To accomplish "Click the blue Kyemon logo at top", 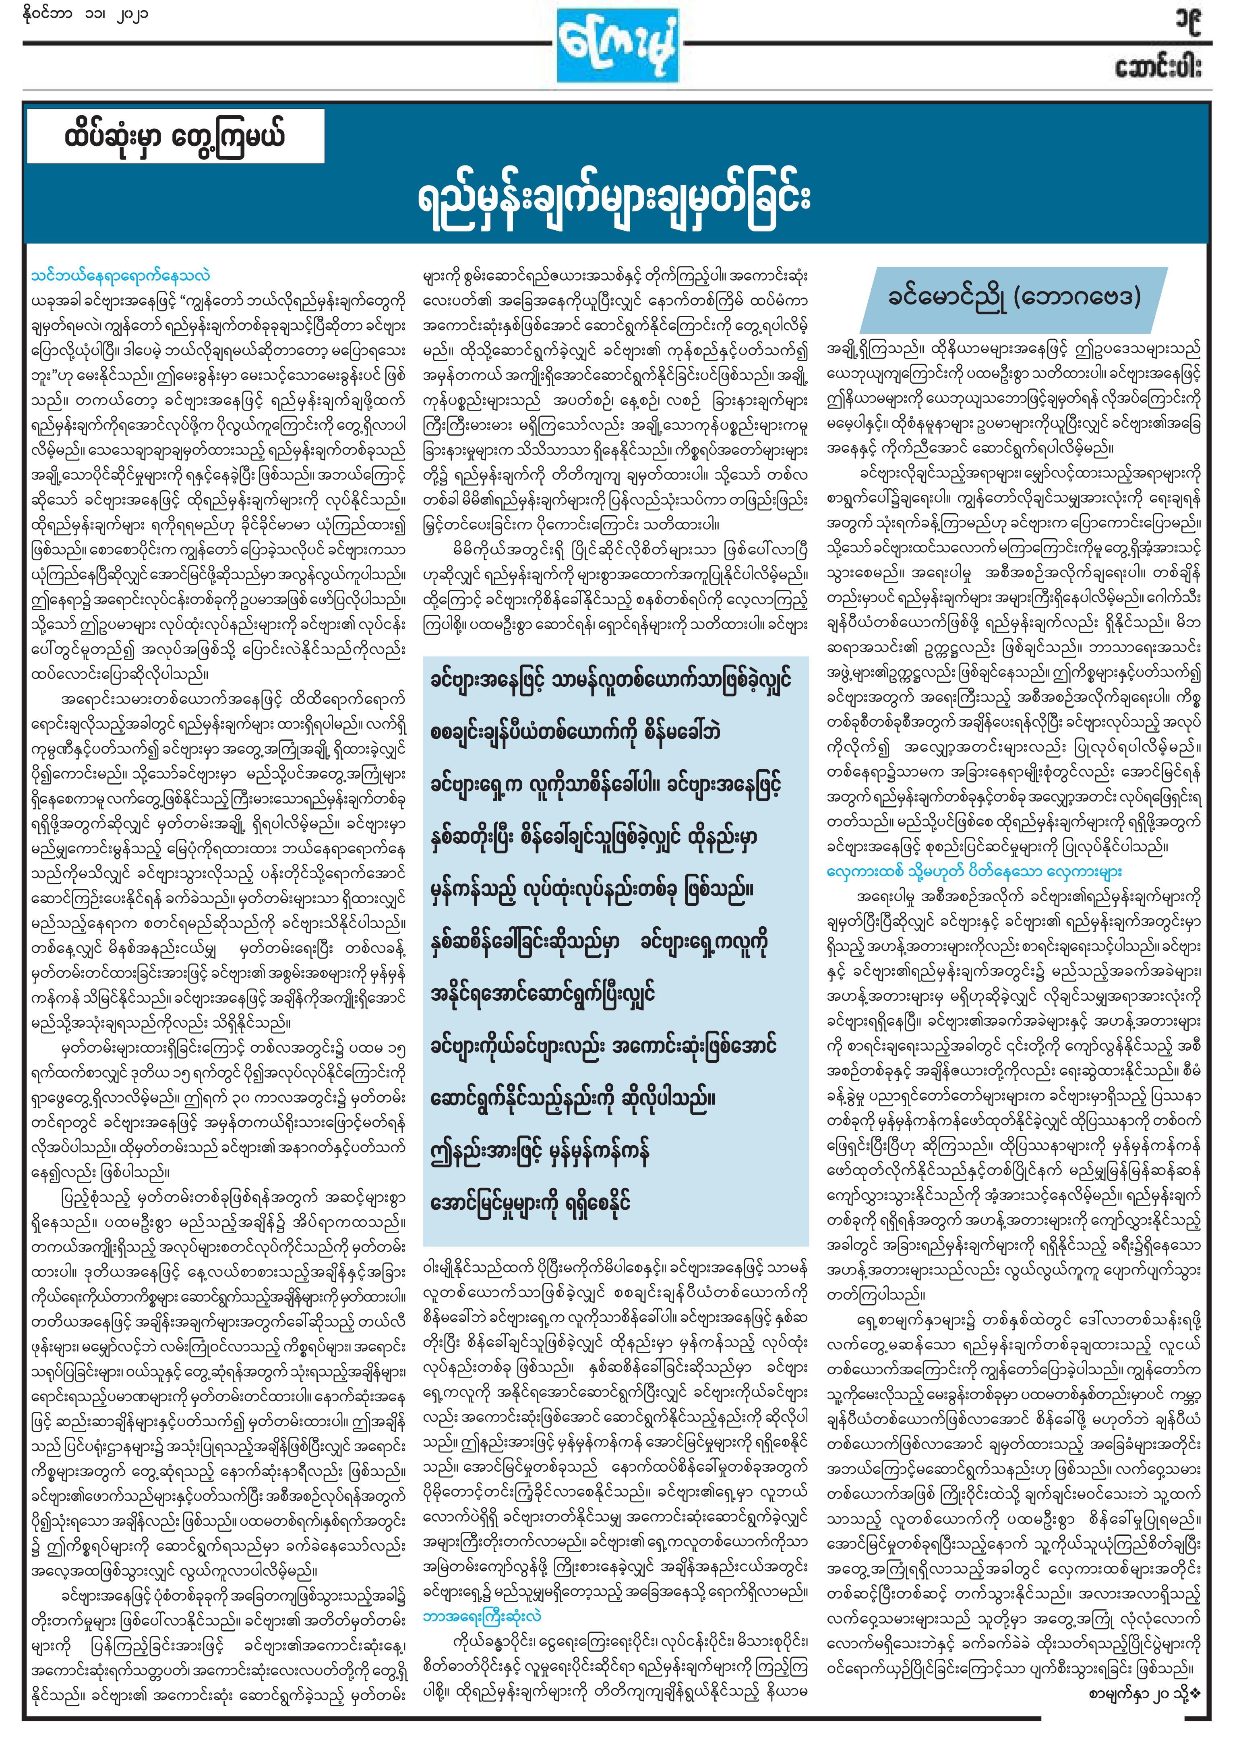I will click(617, 46).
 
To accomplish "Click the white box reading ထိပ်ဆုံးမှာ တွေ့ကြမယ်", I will click(175, 136).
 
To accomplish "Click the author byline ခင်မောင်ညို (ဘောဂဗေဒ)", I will click(1013, 296).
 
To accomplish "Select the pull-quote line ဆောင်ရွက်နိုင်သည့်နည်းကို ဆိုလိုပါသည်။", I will click(573, 1099).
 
